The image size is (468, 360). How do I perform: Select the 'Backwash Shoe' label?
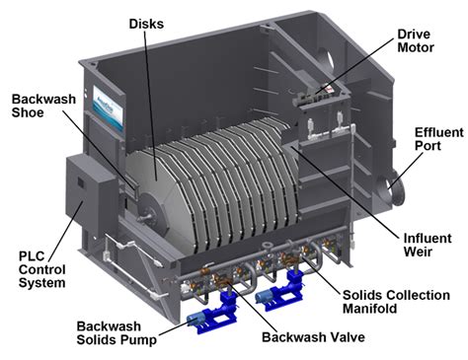coord(42,107)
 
